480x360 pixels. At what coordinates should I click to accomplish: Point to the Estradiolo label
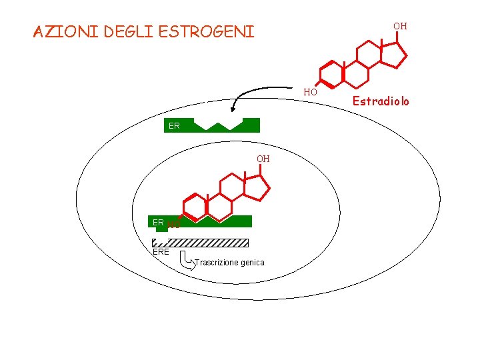[x=381, y=101]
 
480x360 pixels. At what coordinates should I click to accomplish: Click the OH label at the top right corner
[x=400, y=26]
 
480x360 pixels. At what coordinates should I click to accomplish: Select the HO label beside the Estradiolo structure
[x=310, y=92]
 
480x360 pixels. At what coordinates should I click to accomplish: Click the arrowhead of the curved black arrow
[x=233, y=110]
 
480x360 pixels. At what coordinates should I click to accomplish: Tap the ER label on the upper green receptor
[x=174, y=125]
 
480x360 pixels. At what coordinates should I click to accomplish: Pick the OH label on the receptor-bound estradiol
[x=263, y=159]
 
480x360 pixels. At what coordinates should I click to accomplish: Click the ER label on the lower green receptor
[x=158, y=222]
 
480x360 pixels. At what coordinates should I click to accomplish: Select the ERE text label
[x=161, y=252]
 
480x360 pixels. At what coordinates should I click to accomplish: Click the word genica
[x=253, y=263]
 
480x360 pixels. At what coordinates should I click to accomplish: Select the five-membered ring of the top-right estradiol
[x=397, y=55]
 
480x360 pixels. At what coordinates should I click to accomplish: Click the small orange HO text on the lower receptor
[x=174, y=225]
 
